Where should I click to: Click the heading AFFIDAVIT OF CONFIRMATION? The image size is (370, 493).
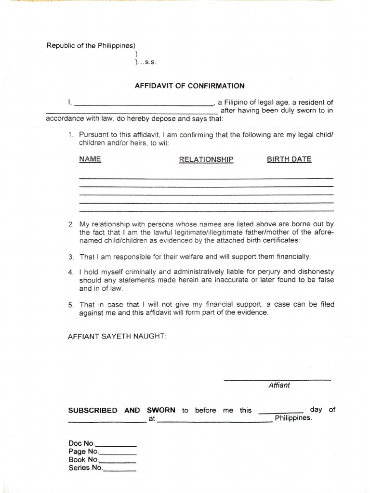pos(189,86)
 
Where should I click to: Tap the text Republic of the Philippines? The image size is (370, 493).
pos(90,46)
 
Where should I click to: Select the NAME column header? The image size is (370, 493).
pos(90,159)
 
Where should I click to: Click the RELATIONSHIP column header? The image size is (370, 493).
pos(206,160)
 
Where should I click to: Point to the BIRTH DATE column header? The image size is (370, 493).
pos(289,159)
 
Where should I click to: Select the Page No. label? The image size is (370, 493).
pos(84,452)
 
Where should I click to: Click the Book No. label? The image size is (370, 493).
pos(84,459)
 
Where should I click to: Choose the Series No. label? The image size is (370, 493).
pos(86,467)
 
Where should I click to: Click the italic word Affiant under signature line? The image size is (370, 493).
pos(279,385)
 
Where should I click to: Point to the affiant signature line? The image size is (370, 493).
pos(277,380)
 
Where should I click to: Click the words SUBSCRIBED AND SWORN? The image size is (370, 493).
pos(121,411)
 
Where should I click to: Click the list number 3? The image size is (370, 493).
pos(70,257)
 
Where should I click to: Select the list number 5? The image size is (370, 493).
pos(70,305)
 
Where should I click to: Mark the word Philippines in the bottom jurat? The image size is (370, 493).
pos(293,418)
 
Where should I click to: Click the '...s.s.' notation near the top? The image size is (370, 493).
pos(146,62)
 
